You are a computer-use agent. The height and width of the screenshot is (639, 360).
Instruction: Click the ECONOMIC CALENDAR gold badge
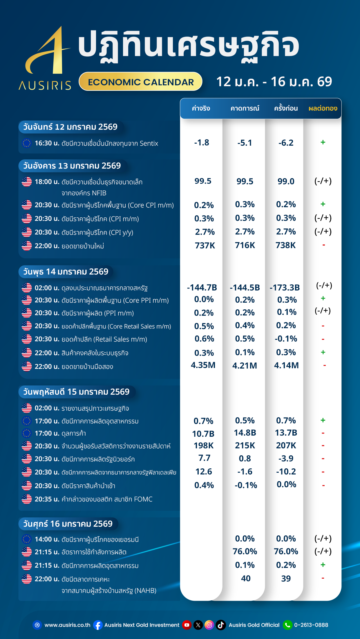tap(141, 82)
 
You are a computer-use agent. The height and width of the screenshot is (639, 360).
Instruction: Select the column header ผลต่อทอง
tap(323, 109)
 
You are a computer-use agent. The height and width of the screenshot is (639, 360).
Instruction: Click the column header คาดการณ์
tap(245, 109)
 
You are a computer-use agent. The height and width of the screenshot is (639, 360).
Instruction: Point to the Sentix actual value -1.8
tap(202, 142)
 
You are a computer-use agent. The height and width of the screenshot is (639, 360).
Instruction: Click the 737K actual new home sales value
tap(205, 246)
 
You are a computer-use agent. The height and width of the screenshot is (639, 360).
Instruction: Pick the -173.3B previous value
tap(285, 288)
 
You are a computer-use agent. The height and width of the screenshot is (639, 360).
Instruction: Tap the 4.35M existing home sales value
tap(203, 365)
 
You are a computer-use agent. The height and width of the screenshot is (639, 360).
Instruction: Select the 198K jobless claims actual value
tap(204, 445)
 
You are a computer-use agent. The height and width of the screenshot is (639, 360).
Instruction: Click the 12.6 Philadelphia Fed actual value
tap(204, 472)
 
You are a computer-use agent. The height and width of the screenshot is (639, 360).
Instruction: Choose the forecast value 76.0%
tap(245, 551)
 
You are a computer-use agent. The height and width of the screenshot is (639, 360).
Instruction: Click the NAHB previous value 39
tap(286, 579)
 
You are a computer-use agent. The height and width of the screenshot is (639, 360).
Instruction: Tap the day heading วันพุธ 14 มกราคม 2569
tap(66, 272)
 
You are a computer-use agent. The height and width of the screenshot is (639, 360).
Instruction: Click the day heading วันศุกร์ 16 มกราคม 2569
tap(68, 524)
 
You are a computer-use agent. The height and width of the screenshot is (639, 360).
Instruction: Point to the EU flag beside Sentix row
tap(27, 143)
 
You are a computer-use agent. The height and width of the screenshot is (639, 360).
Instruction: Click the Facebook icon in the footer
tap(98, 625)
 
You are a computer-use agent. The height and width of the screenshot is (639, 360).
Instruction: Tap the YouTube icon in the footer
tap(187, 625)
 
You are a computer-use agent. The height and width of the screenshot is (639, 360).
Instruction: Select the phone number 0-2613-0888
tap(311, 625)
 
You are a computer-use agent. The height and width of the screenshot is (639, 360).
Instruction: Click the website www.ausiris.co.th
tap(67, 625)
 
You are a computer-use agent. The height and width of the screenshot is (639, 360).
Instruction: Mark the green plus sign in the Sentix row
tap(323, 142)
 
